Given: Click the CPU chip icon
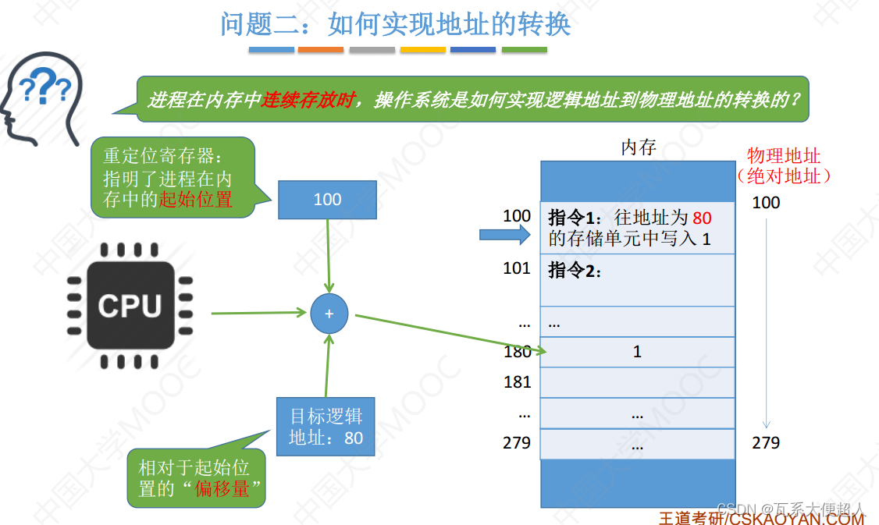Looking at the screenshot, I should point(130,305).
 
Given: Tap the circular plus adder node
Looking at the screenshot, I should point(329,314).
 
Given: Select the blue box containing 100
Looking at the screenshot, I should point(327,200).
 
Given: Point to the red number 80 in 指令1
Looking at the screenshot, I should point(702,218).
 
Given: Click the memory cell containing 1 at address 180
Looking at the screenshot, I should point(637,352).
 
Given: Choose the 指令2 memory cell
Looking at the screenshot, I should point(637,280).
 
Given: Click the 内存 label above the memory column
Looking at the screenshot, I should point(638,147).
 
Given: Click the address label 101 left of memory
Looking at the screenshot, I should point(517,269).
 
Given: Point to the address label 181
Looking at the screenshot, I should point(517,382).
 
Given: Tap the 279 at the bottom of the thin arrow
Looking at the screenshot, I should point(766,443).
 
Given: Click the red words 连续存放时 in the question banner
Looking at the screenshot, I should point(308,101).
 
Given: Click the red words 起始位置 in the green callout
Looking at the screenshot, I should point(196,199).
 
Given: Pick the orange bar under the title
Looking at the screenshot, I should point(320,50).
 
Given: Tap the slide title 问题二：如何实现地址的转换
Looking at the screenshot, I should point(396,24).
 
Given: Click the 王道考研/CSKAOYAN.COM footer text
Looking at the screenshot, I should point(761,517).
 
